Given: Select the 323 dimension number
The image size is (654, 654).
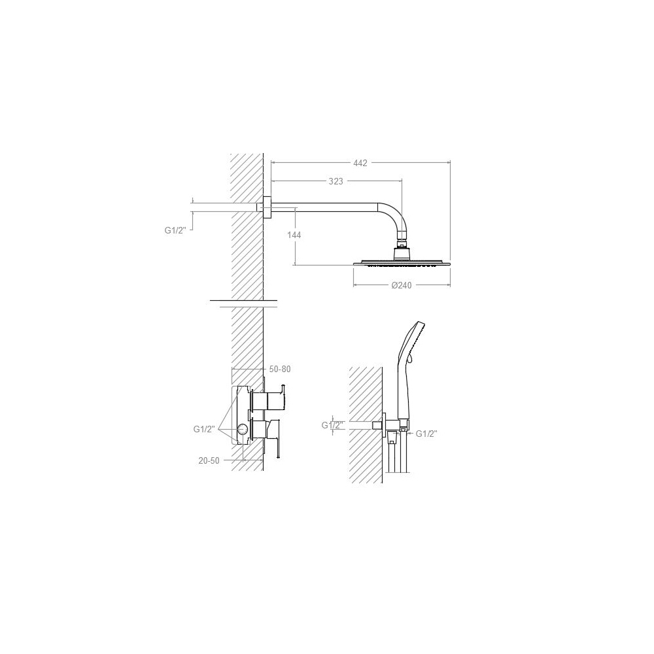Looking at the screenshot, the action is click(336, 181).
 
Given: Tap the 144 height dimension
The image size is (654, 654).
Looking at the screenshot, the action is click(294, 235).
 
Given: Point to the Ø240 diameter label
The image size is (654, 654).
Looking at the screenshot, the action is click(402, 285).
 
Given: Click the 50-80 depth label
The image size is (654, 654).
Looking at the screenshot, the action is click(280, 369).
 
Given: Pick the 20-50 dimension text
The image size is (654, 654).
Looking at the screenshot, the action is click(209, 461).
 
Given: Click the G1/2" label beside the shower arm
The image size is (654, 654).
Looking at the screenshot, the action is click(175, 230).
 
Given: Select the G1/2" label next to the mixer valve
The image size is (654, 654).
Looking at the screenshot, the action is click(204, 429).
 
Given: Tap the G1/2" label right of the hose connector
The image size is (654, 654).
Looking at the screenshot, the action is click(426, 434).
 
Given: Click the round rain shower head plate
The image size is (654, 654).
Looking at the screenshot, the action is click(402, 263).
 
